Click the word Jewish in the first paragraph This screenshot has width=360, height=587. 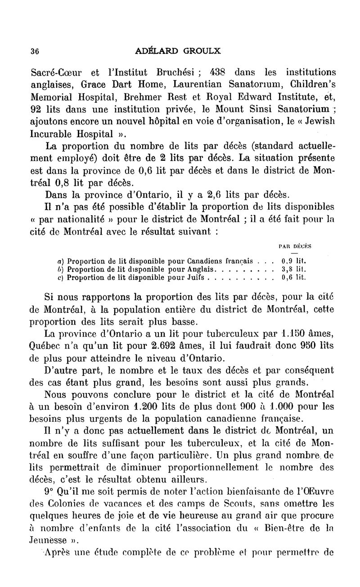coord(317,122)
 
